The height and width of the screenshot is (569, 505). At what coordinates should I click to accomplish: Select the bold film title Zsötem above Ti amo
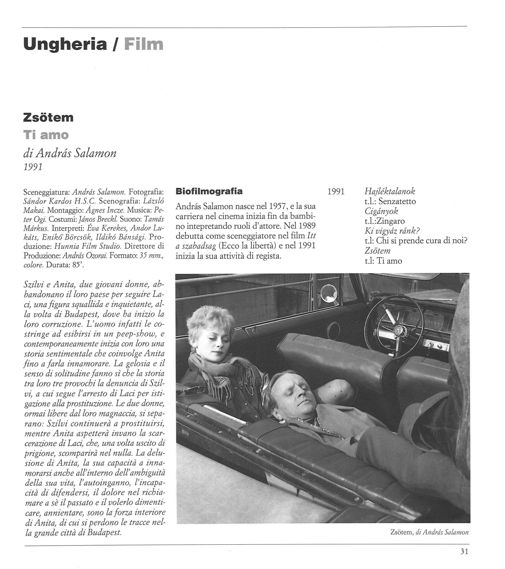(48, 118)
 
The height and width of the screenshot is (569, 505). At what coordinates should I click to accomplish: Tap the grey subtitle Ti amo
(46, 135)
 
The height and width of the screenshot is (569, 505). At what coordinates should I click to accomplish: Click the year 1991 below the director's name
(33, 167)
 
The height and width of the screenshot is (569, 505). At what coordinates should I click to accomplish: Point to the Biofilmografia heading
(209, 191)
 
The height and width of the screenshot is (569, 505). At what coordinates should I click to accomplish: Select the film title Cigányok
(381, 211)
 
